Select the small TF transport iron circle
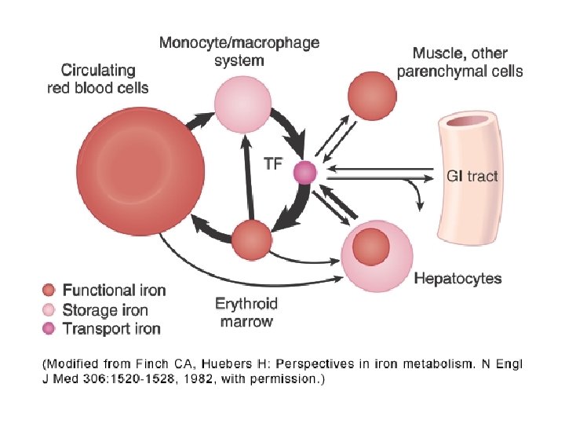(304, 172)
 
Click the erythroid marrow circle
(252, 240)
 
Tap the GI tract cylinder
(468, 176)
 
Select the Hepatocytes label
(457, 279)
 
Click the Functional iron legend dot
(50, 290)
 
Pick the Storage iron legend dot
(50, 310)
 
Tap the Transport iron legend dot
(50, 329)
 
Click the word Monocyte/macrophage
(239, 42)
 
